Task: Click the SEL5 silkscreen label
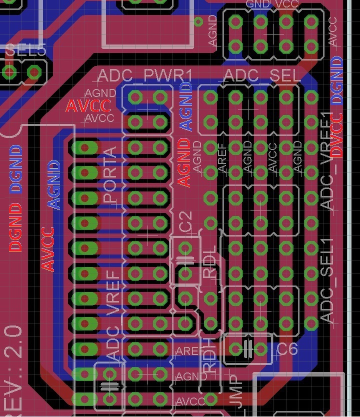25,50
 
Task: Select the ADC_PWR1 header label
145,76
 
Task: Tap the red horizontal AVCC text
88,106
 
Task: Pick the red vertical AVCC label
48,249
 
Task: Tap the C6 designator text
287,348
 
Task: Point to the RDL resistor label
210,262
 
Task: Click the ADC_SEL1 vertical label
327,280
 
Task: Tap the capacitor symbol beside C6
247,348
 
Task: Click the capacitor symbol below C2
185,260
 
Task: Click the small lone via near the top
198,21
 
